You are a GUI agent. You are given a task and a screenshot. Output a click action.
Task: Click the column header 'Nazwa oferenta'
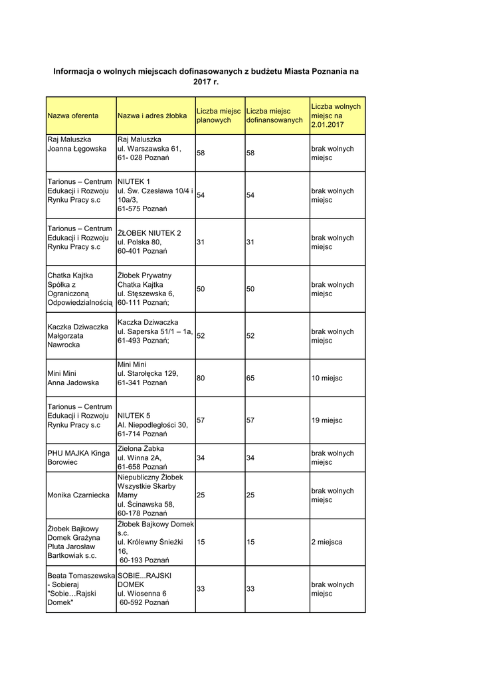point(73,116)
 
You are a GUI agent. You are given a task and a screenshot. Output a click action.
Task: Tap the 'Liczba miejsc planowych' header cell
point(218,116)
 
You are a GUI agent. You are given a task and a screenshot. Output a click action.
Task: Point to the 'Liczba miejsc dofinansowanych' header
point(274,116)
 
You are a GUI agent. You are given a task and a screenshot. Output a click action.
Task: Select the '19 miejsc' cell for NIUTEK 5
point(327,420)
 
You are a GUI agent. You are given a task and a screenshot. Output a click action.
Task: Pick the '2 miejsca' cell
point(327,542)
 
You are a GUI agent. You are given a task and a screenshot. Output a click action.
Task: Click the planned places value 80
point(201,378)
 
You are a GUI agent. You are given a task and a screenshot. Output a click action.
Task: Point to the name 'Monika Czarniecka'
point(78,495)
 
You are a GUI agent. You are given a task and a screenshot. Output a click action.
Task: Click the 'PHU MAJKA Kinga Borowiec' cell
point(78,458)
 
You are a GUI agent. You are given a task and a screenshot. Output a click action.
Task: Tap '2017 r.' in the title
point(206,82)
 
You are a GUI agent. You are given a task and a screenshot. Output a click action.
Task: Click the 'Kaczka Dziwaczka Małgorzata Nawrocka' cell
point(78,336)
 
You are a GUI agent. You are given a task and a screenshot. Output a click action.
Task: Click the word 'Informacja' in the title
point(75,70)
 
